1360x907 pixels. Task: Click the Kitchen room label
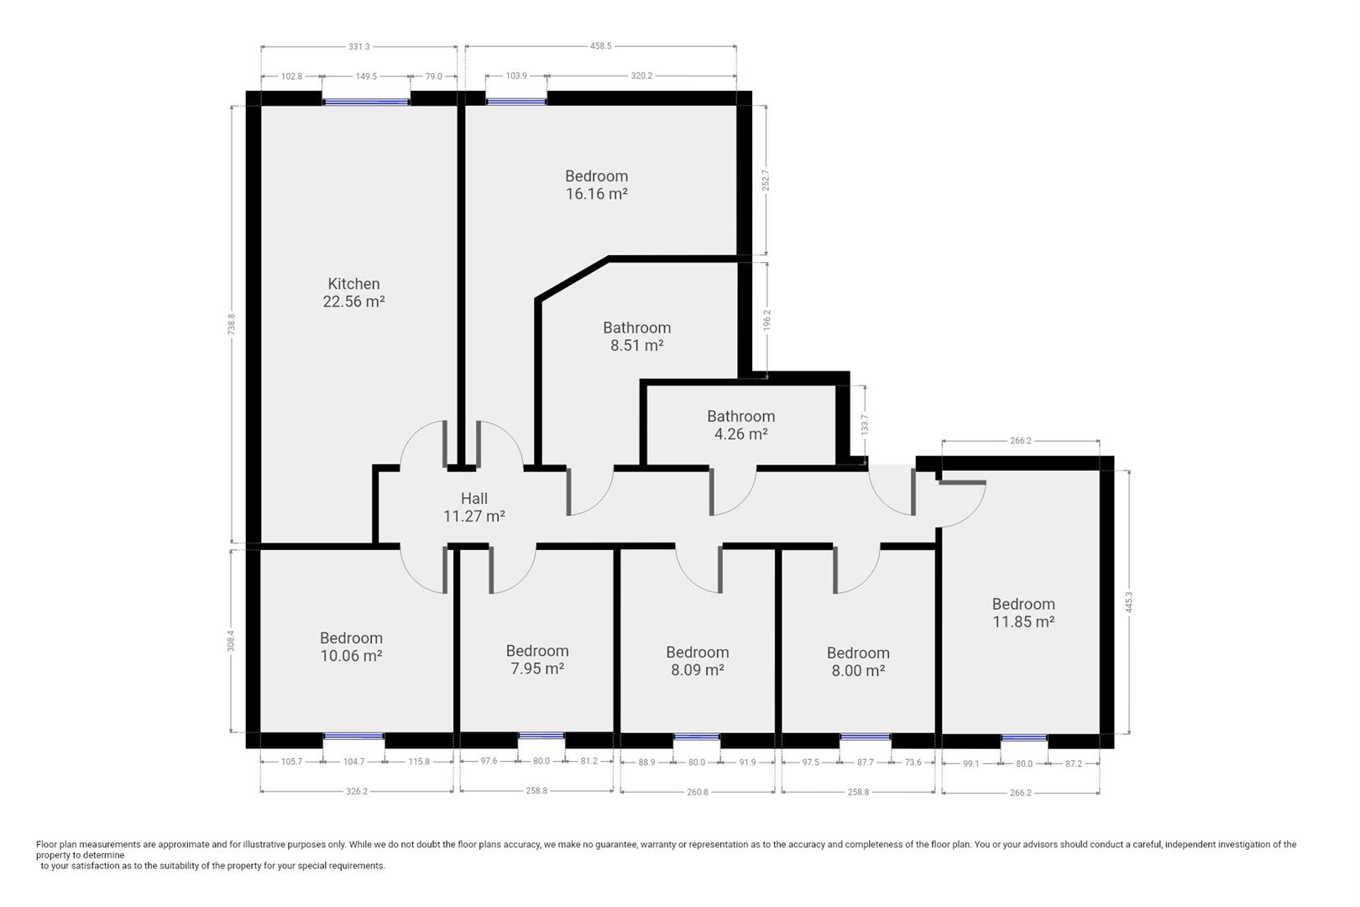click(x=353, y=284)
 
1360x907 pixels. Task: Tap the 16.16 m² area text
click(x=596, y=194)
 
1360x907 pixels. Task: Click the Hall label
click(x=473, y=498)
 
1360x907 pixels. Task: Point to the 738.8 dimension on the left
click(x=232, y=325)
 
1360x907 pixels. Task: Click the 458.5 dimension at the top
click(x=600, y=47)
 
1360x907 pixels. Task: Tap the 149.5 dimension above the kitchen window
click(x=366, y=76)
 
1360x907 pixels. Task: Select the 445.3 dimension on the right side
click(x=1128, y=602)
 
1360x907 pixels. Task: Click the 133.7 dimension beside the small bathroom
click(x=865, y=423)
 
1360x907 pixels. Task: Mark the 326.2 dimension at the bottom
click(x=357, y=791)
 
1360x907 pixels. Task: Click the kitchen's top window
click(x=366, y=102)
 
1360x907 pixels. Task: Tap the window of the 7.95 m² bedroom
click(x=541, y=737)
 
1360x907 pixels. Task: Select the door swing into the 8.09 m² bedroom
click(x=698, y=572)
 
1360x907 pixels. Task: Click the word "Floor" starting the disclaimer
click(x=47, y=845)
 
